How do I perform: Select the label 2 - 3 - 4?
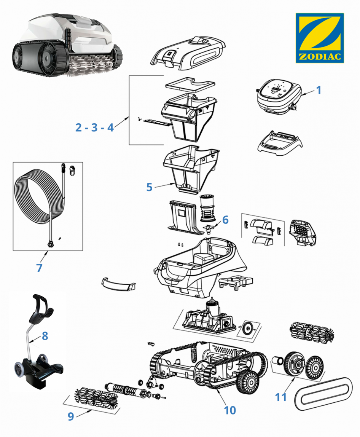coord(94,128)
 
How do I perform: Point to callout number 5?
coord(149,187)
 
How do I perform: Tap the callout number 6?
coord(225,220)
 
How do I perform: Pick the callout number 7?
coord(39,267)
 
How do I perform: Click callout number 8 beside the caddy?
coord(45,336)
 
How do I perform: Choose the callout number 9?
coord(71,416)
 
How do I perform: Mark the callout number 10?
coord(230,410)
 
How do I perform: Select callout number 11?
coord(281,397)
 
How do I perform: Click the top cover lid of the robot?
coord(189,53)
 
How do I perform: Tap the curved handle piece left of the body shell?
coord(118,284)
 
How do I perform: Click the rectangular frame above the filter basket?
coord(185,86)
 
